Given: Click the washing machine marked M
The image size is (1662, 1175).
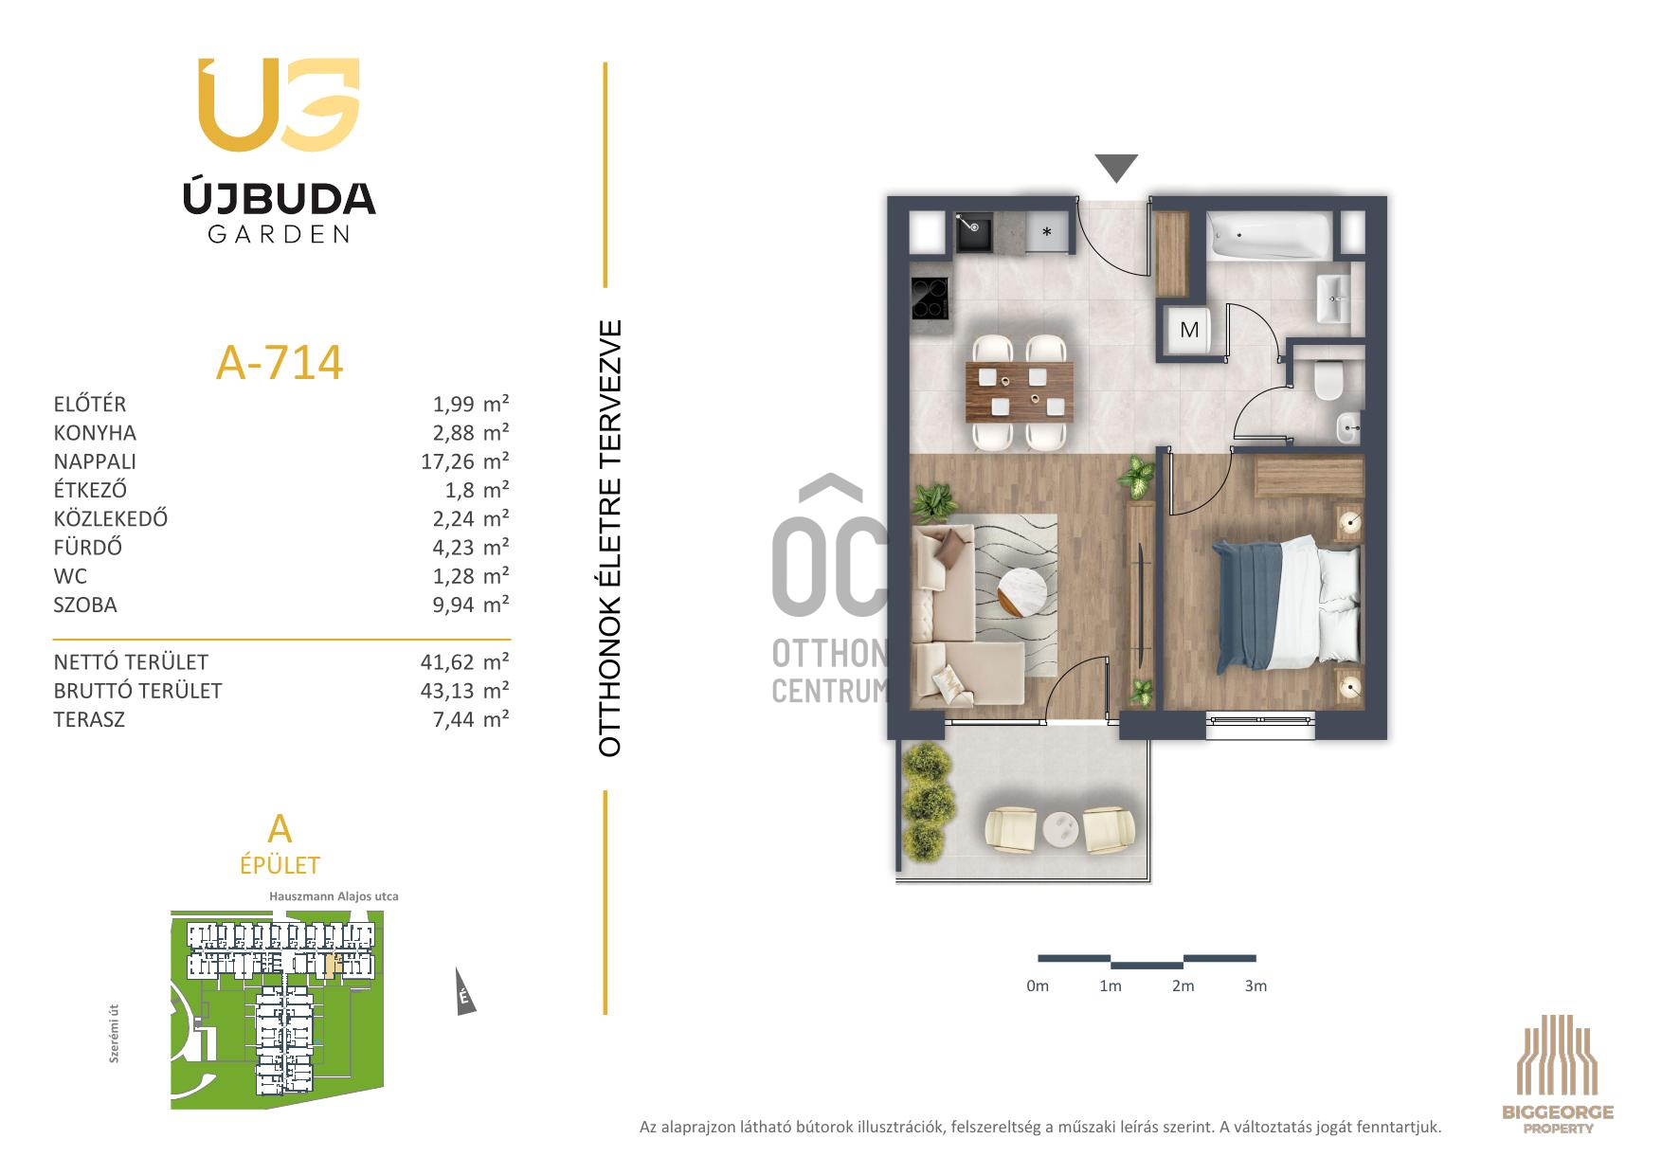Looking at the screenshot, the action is point(1189,330).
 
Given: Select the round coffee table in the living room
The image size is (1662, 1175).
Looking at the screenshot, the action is point(1021,593).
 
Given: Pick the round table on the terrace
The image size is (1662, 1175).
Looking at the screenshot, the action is point(1062,830).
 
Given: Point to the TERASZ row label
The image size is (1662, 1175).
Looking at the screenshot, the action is point(89,719).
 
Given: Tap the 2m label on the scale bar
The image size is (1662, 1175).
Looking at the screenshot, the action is point(1183,985).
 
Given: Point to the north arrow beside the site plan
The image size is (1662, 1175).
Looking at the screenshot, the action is point(464,993).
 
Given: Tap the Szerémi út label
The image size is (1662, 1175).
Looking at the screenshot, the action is point(115,1036).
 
